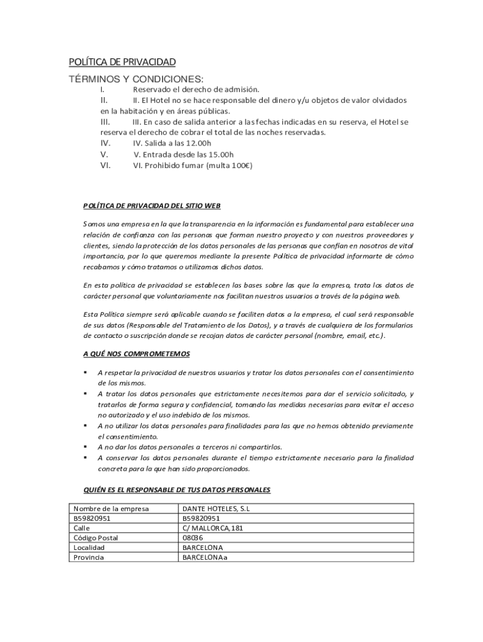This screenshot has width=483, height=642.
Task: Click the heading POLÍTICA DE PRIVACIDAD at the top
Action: pos(122,62)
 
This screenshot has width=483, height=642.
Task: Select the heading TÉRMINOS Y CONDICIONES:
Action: pos(136,79)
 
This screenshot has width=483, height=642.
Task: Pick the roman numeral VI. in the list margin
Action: pos(105,166)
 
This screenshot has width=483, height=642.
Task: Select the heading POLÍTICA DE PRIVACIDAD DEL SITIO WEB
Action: pos(152,206)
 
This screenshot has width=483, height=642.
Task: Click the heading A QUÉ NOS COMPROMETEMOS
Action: pos(137,354)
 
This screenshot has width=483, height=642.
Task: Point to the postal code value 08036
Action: pos(193,538)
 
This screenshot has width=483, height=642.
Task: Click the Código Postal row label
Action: pos(96,538)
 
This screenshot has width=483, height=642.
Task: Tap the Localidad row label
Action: pos(89,547)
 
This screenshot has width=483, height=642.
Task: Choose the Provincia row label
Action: pos(89,557)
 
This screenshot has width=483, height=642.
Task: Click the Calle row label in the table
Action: pos(82,528)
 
